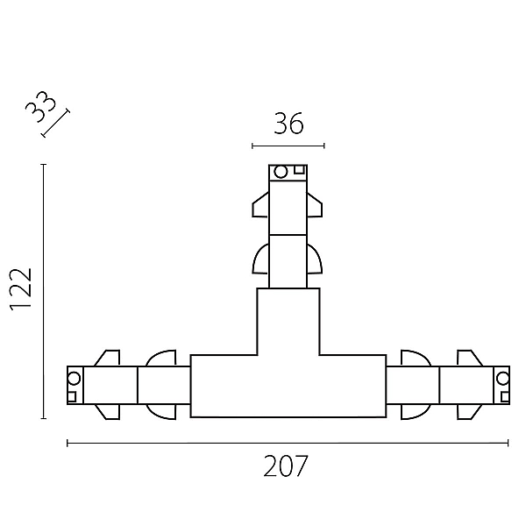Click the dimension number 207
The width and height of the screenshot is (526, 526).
285,466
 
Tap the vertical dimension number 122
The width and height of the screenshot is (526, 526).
21,290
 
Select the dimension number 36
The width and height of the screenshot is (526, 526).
288,124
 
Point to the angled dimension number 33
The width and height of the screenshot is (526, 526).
40,107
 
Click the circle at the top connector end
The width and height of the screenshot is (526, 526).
281,172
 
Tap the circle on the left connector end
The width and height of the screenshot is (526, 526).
74,379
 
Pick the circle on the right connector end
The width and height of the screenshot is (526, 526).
503,379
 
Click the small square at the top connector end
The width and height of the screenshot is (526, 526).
299,170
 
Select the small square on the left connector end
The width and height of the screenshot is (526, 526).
72,397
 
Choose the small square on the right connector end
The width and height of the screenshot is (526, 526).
505,397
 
